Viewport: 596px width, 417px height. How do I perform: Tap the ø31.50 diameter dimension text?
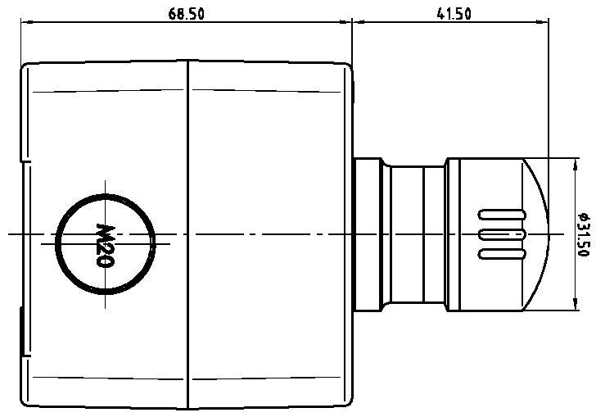tap(583, 234)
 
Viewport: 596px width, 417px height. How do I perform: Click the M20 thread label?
tap(105, 244)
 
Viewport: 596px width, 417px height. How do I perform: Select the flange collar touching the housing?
tap(365, 235)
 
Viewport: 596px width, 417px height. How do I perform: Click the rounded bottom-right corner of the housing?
tap(347, 402)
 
